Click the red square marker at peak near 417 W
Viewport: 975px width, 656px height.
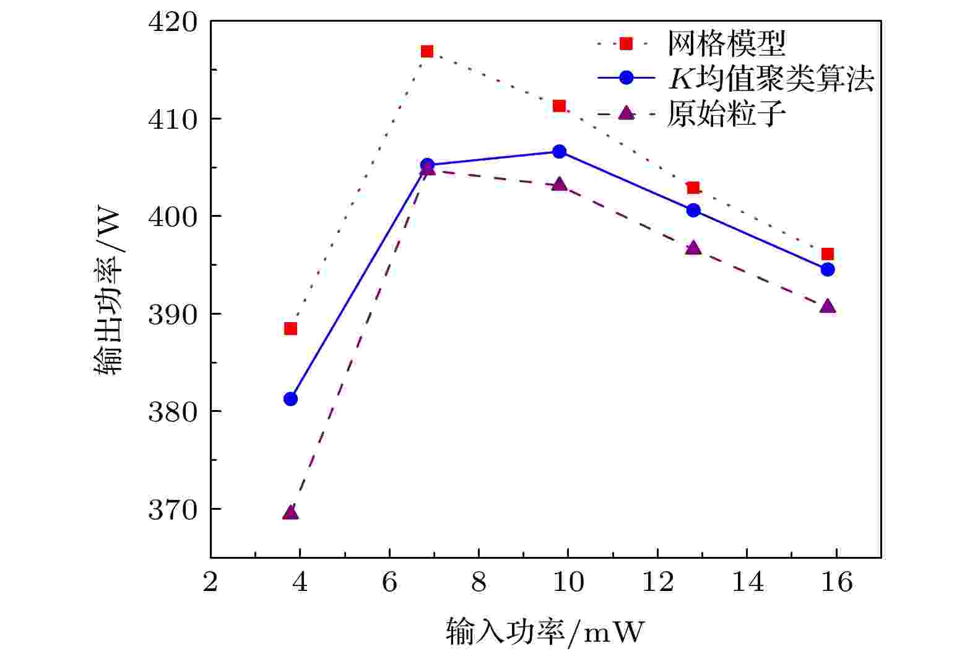click(x=427, y=51)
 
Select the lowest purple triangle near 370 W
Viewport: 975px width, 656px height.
click(x=290, y=512)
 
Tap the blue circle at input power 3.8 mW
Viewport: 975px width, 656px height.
click(x=290, y=399)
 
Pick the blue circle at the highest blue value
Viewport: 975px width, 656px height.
click(x=560, y=152)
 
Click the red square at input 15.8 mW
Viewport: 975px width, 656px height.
click(x=828, y=254)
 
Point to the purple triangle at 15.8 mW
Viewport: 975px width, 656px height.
click(x=828, y=307)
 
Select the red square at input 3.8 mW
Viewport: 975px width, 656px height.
click(x=290, y=328)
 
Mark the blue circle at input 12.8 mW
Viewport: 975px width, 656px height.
click(x=693, y=211)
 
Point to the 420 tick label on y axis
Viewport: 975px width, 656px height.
click(x=173, y=22)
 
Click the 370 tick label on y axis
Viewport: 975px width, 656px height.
click(x=173, y=510)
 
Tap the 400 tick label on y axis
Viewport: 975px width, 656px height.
click(x=173, y=217)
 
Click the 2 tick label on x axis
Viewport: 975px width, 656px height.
click(x=210, y=582)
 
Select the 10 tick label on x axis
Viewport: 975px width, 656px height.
click(x=568, y=582)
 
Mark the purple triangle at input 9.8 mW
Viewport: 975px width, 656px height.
click(x=560, y=185)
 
